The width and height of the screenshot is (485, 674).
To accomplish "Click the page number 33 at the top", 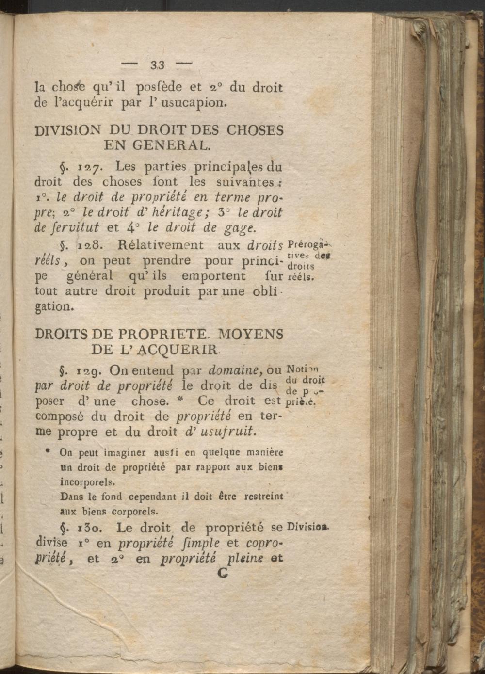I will click(158, 65).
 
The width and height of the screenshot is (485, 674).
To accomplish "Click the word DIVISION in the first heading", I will click(68, 130).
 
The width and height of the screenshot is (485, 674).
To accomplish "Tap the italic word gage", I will click(222, 229).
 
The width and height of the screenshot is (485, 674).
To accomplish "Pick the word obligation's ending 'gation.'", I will click(53, 306).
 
